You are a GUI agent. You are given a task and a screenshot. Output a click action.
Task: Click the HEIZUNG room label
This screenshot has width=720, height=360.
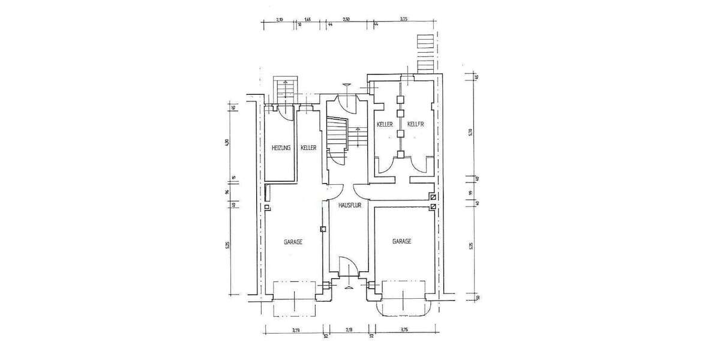coord(281,148)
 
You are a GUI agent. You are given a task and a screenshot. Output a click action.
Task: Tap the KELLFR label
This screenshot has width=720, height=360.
coord(416,124)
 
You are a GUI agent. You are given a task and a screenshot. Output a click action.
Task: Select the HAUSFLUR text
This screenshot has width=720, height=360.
coord(349,204)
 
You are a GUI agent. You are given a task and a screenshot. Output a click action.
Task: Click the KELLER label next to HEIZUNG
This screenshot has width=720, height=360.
coord(308,148)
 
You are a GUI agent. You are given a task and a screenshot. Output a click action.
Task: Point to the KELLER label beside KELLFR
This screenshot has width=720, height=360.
coord(385,124)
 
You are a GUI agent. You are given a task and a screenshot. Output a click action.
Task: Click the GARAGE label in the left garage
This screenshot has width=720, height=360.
coord(292,242)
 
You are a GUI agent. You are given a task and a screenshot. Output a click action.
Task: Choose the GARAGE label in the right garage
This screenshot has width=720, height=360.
coord(401,241)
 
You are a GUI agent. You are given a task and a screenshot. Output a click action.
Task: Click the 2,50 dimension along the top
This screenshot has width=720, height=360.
coord(346,20)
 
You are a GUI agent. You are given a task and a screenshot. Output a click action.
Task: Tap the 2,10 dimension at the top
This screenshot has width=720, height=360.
coord(279,20)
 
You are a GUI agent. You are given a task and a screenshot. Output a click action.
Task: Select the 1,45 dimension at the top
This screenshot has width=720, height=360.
coord(307,20)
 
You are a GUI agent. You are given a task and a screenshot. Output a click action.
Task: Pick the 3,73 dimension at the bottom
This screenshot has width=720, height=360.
coord(296,329)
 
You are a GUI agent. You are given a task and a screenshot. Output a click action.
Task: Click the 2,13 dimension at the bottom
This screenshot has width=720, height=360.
coord(348,329)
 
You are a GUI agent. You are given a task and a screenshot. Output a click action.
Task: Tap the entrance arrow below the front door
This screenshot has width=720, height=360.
coord(348,287)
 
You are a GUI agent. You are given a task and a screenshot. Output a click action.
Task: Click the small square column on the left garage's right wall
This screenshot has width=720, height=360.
coord(323,229)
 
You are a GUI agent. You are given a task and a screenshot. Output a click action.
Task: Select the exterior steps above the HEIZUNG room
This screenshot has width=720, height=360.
coord(286,90)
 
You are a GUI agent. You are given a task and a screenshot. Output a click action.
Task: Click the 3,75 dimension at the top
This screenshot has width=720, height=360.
coord(404,20)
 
